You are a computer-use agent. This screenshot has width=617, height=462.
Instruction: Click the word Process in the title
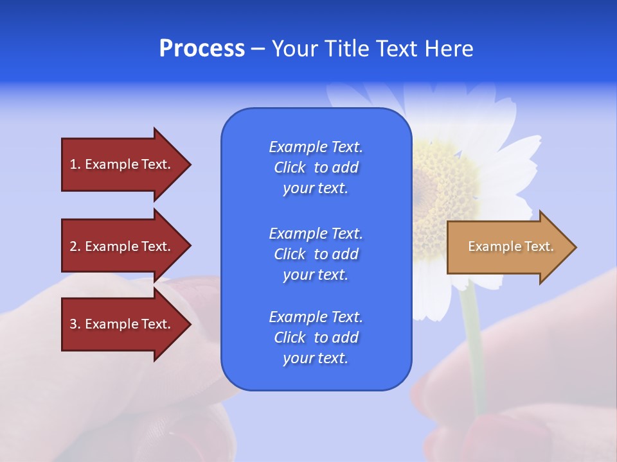202,49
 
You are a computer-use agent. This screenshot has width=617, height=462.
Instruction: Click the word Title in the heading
347,49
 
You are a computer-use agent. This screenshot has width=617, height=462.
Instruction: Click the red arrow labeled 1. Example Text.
122,164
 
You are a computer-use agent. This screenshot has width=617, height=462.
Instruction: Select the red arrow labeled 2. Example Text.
122,246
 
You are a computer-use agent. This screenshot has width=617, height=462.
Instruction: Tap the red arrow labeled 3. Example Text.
122,324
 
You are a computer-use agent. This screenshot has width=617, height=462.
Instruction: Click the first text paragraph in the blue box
316,167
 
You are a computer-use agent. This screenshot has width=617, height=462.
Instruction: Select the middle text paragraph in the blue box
316,254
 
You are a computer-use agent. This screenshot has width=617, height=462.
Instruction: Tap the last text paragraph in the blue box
316,338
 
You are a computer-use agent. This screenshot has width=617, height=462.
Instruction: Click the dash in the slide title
258,49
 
